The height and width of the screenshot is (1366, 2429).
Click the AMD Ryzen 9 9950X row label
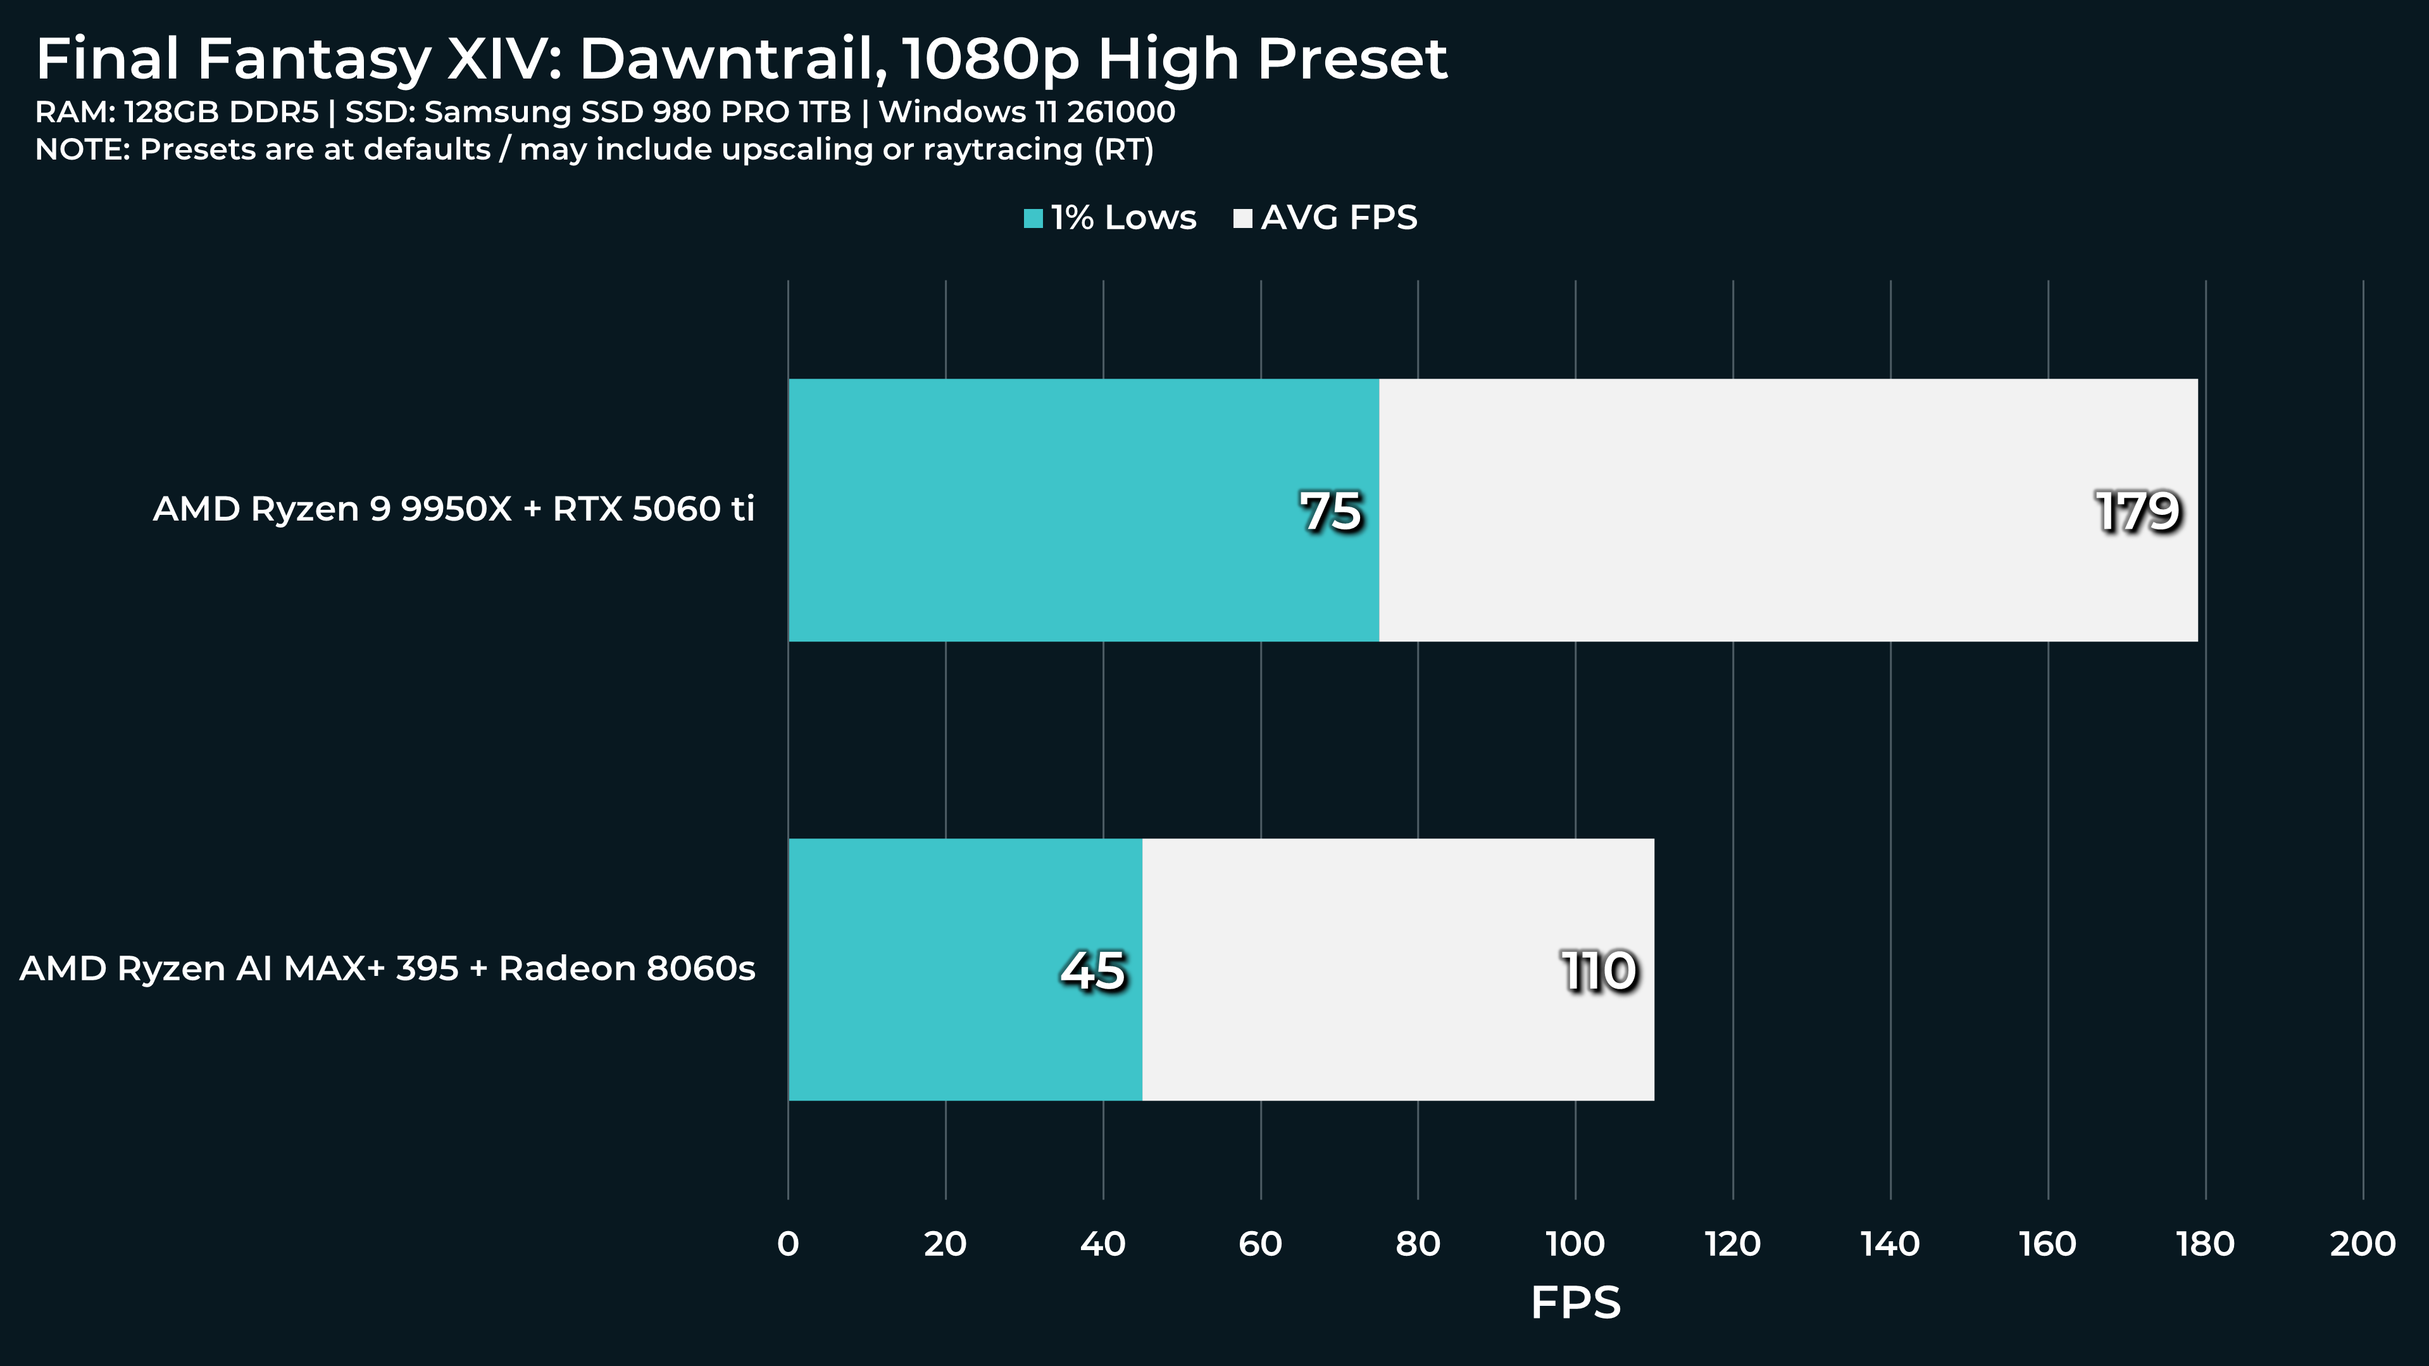coord(454,509)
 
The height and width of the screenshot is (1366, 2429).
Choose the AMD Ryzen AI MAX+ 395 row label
coord(387,969)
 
